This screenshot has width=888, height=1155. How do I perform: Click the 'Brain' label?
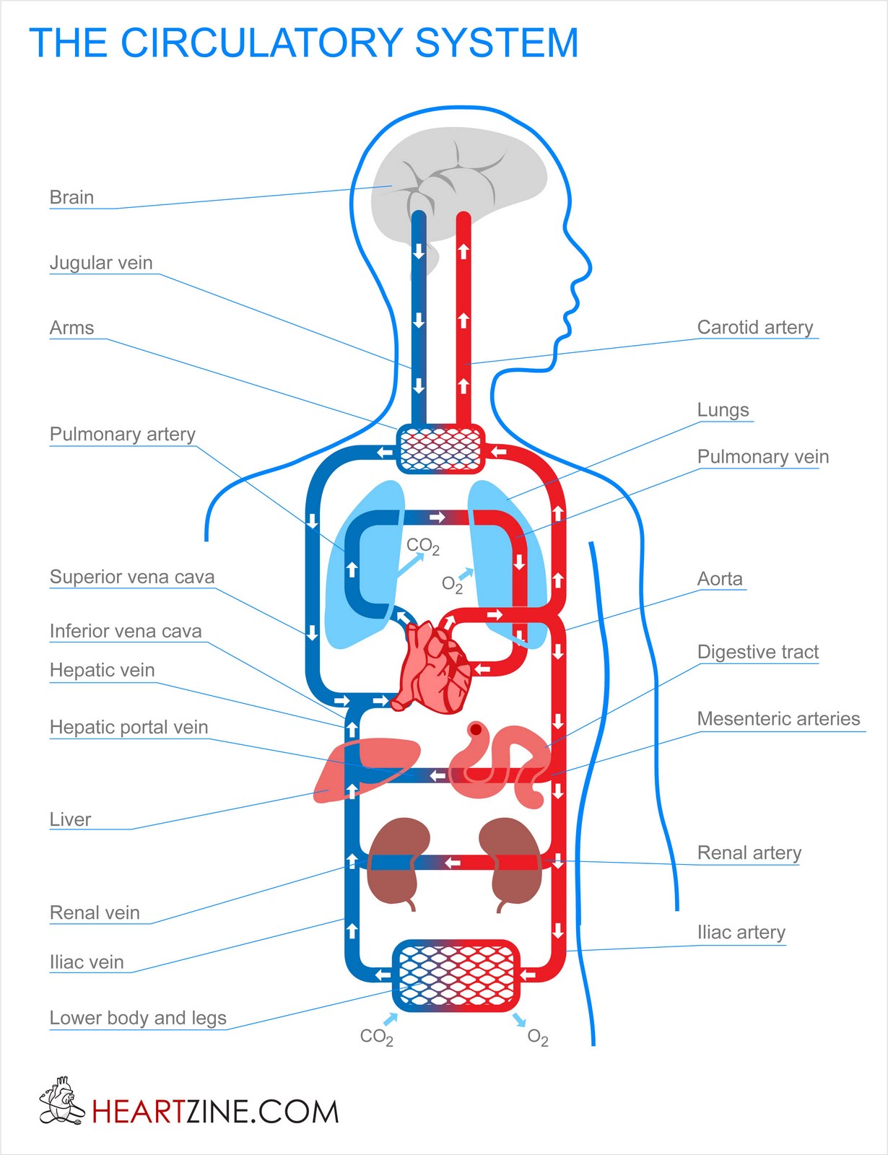(x=71, y=197)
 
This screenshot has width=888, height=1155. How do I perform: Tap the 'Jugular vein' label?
(x=101, y=263)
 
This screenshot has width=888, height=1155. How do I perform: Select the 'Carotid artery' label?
(x=754, y=327)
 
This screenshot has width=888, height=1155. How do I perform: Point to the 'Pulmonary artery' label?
(x=122, y=434)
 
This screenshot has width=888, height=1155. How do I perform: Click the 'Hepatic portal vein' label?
(x=129, y=727)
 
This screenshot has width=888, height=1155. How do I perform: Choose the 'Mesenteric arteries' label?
(x=778, y=719)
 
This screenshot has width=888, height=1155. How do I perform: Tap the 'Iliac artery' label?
(x=741, y=932)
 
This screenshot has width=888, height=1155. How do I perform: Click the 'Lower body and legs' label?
(x=138, y=1018)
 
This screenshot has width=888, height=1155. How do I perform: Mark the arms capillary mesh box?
(x=440, y=448)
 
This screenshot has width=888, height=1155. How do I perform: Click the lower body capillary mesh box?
(x=456, y=975)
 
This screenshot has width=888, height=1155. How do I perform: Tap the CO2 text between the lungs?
(x=422, y=546)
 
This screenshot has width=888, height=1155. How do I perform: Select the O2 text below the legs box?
(x=538, y=1038)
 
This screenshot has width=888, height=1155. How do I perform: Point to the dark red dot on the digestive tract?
(x=476, y=730)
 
